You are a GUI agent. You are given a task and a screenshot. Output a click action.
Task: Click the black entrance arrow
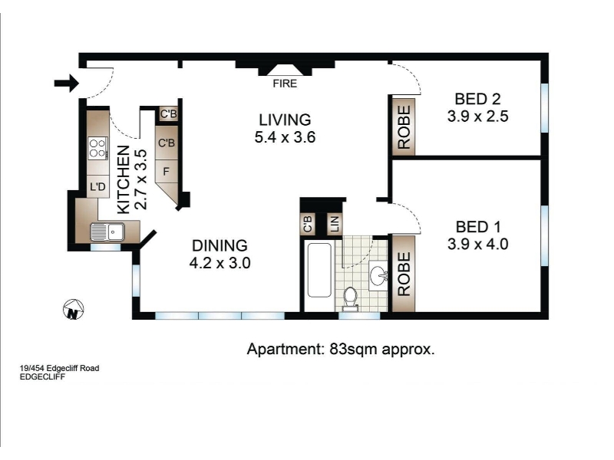coord(67,83)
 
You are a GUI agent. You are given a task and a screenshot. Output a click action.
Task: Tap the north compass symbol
coord(73,310)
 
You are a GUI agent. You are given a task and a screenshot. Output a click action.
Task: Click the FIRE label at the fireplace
coord(285,84)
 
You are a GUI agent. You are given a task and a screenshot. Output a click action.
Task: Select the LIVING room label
coord(285,120)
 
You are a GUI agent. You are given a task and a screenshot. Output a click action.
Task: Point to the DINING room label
coord(220,245)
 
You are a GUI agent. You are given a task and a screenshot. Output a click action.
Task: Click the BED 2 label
coord(477,99)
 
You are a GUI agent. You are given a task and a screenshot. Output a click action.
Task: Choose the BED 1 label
coord(478,227)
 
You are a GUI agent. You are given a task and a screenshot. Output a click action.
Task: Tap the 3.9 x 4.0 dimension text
coord(477,244)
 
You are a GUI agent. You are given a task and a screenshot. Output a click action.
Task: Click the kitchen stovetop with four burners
coord(98,148)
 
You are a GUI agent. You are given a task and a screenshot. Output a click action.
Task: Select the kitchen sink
coord(107,232)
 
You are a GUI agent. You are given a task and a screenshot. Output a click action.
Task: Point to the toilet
coord(350,298)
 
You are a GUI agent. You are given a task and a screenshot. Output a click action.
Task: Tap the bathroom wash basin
coord(378,276)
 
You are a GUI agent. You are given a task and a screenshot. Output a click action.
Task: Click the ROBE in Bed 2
coord(404,127)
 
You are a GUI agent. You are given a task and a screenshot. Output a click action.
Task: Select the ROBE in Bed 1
coord(404,274)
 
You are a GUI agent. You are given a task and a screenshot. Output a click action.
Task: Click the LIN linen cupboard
coord(335,224)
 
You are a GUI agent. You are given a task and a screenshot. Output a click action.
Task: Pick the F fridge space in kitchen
coord(167,171)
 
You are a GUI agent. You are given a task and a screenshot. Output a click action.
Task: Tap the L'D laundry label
coord(98,186)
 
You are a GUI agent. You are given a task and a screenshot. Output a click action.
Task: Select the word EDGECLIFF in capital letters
coord(42,377)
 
